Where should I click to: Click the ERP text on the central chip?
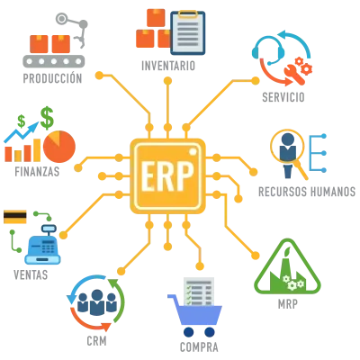167,176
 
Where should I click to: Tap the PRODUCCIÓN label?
52,78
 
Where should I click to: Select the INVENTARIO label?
168,66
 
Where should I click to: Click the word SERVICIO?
283,97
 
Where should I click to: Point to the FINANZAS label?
37,172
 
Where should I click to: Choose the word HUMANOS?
333,192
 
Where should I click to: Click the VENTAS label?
31,274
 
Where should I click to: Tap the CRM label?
96,341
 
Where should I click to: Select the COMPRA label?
199,347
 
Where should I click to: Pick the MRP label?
288,304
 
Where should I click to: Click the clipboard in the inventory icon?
188,32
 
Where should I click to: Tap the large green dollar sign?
47,118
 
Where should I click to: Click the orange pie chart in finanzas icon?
59,147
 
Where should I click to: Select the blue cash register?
42,245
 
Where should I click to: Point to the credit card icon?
15,217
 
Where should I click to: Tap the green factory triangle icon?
287,266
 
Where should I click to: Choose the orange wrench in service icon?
294,73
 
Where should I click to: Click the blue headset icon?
268,50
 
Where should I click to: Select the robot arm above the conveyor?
74,29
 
